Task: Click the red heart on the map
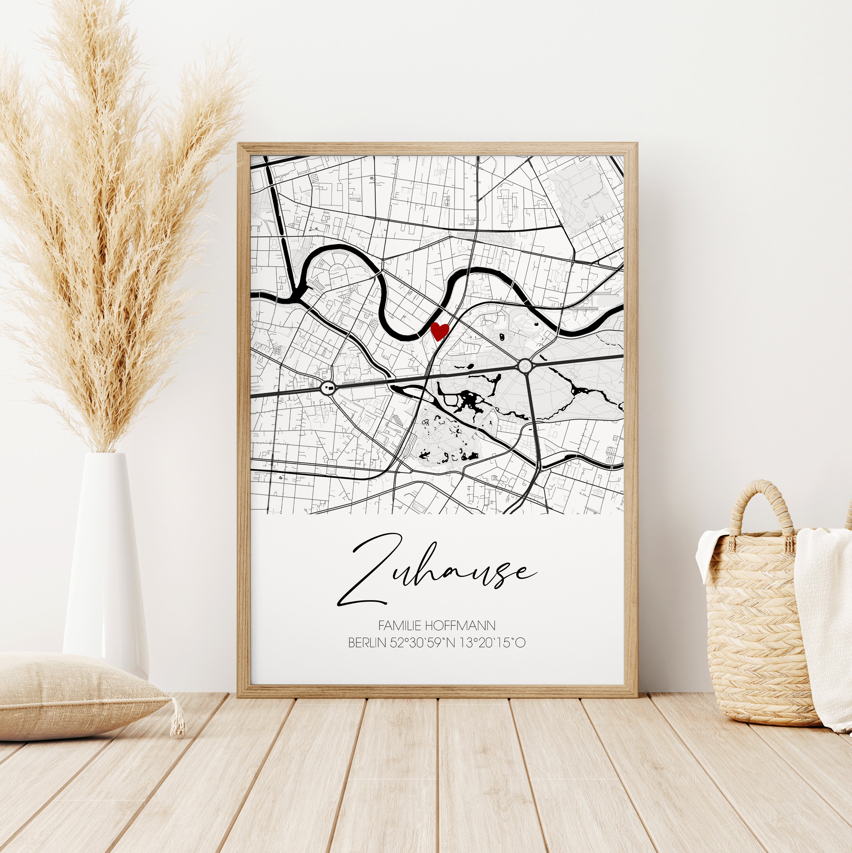pyautogui.click(x=439, y=330)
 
